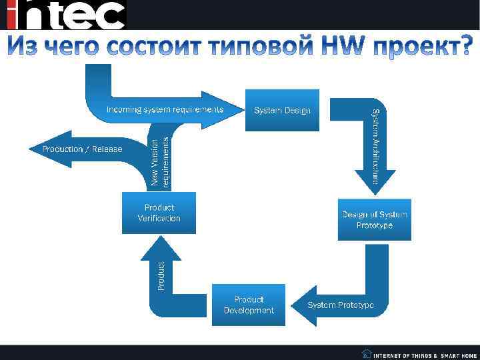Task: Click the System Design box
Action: [x=282, y=109]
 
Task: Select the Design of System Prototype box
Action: [x=374, y=219]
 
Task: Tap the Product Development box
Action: [x=249, y=305]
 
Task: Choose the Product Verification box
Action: [x=159, y=213]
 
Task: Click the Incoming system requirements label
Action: [x=165, y=109]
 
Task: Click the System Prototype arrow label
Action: [x=341, y=305]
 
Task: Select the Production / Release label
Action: [x=83, y=149]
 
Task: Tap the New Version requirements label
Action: [x=160, y=161]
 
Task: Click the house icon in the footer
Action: [x=367, y=353]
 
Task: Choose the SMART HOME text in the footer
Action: [x=459, y=355]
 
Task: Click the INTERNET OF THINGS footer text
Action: [x=405, y=355]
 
